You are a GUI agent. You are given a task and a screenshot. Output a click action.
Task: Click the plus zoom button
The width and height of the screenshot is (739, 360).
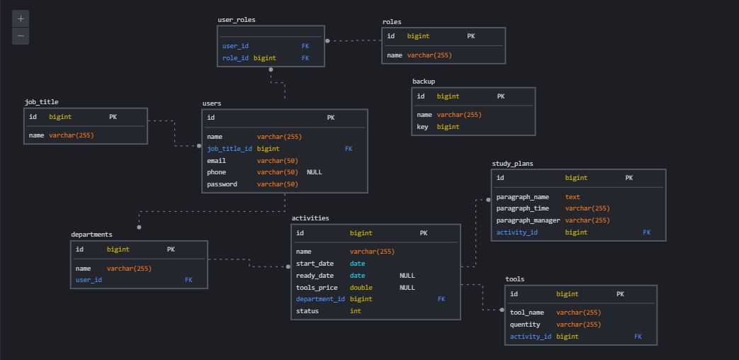click(21, 19)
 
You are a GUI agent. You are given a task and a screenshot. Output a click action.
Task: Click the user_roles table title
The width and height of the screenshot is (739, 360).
click(237, 20)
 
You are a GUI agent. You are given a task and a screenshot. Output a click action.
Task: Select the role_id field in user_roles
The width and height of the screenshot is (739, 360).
click(235, 58)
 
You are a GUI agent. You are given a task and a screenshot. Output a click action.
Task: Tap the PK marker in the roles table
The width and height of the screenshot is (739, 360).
click(471, 36)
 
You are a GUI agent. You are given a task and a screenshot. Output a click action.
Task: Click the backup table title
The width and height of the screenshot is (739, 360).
click(424, 81)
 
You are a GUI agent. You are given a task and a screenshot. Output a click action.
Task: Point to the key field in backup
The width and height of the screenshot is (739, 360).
click(422, 127)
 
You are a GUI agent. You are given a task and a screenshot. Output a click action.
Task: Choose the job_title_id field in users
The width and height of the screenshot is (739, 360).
click(230, 149)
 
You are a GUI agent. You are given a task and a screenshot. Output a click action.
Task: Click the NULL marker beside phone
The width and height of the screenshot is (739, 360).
click(315, 172)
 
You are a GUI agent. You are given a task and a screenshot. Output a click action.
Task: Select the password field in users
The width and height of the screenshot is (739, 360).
click(222, 184)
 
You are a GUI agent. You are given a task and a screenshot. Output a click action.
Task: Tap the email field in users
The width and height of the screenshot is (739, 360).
click(216, 161)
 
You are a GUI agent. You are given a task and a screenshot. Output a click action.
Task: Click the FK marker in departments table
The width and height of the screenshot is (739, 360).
click(188, 280)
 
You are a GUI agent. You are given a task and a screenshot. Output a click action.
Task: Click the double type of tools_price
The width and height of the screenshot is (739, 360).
click(361, 288)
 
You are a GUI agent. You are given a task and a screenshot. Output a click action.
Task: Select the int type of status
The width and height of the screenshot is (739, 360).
click(356, 311)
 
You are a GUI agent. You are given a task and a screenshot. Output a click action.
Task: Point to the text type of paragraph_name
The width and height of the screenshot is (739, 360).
click(572, 197)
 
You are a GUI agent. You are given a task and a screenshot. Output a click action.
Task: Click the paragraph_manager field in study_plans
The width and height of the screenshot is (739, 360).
click(529, 220)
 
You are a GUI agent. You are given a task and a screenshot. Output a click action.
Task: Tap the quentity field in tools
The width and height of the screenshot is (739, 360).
click(525, 325)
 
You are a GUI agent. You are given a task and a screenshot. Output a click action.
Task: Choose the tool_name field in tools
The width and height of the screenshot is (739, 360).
click(527, 313)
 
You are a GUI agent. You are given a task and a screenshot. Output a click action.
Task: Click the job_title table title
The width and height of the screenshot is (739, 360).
click(42, 102)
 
